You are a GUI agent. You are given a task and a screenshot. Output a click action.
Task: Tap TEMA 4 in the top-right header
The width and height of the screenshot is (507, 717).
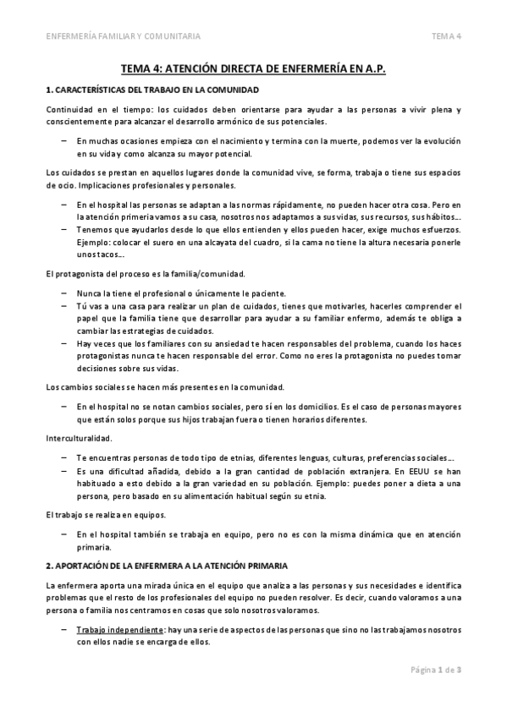(446, 36)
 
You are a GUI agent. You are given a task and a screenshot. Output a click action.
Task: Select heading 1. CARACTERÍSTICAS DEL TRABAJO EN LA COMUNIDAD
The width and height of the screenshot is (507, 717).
(151, 89)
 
